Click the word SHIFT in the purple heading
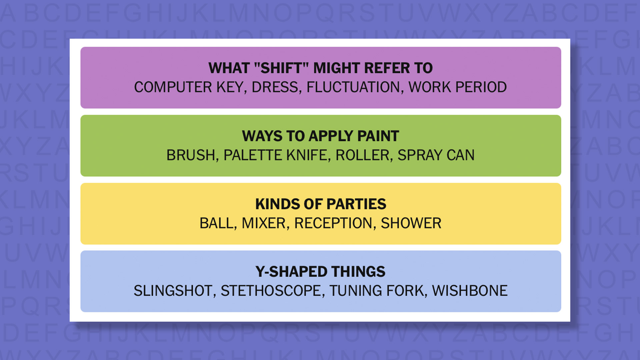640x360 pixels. pos(281,68)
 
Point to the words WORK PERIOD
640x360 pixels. pos(457,87)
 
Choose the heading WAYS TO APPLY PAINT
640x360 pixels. pos(320,136)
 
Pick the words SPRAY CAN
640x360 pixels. pos(436,155)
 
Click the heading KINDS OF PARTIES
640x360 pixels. pos(321,204)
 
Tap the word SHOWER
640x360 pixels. pos(411,223)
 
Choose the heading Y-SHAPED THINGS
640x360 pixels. pos(320,272)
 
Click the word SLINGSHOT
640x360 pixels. pos(173,291)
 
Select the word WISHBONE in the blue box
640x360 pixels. pos(470,291)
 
